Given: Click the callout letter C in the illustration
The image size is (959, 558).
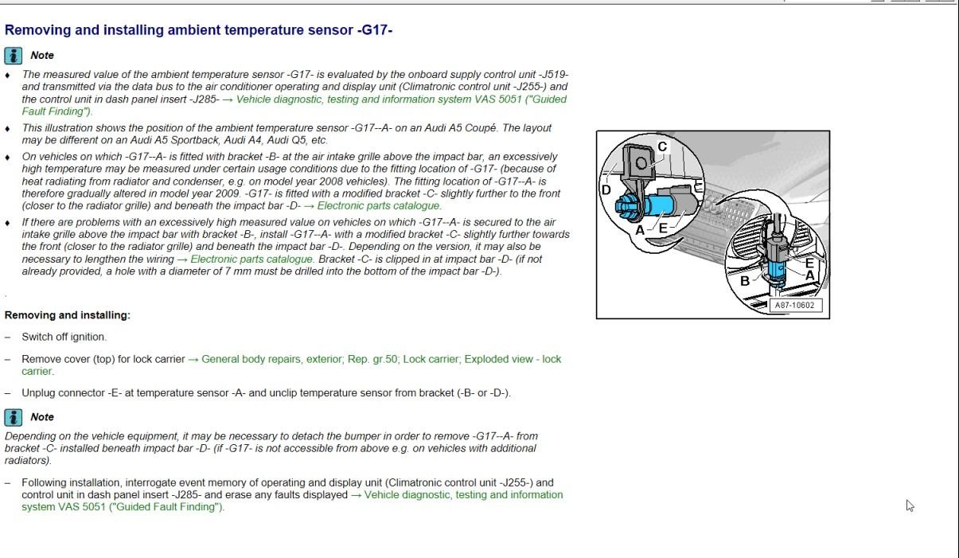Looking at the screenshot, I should [x=662, y=146].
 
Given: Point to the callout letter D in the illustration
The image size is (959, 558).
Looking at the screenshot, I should [x=606, y=189].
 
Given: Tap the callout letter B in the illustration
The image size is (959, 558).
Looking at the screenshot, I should [x=745, y=280].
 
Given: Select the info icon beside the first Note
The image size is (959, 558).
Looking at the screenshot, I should [x=14, y=55].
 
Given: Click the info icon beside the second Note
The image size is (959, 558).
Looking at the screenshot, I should [x=14, y=416].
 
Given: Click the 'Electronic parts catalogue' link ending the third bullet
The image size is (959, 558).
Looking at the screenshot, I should [x=379, y=206].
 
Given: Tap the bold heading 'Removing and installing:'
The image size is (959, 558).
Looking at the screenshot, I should [x=67, y=315].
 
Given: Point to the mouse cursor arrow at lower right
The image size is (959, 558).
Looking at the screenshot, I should [x=910, y=505].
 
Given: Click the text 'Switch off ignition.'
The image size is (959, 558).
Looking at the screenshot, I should [x=64, y=337].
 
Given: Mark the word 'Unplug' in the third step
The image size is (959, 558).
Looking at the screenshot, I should [x=38, y=393].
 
